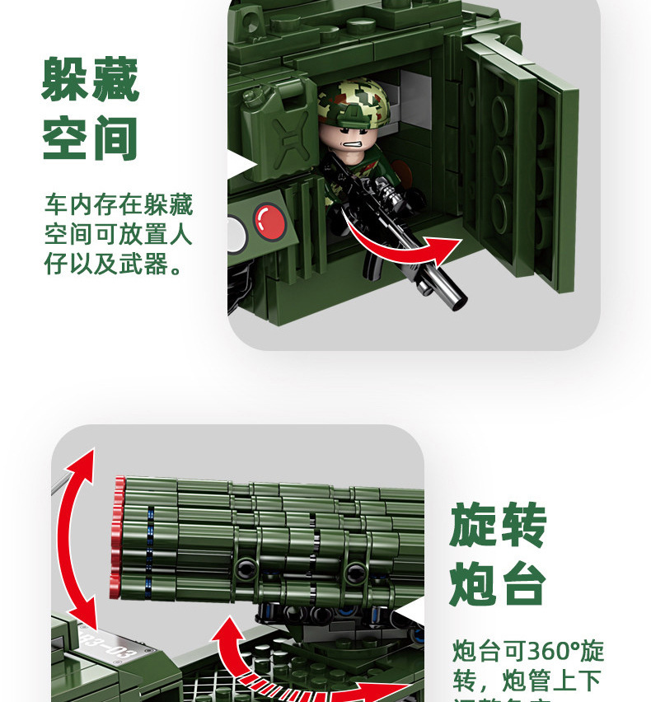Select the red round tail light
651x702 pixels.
click(270, 221)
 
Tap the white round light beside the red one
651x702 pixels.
click(237, 232)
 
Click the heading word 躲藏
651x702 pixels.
click(91, 80)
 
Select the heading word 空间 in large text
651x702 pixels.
click(91, 138)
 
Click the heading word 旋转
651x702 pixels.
click(498, 526)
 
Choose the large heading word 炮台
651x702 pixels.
click(498, 584)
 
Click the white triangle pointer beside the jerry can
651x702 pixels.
click(241, 164)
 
